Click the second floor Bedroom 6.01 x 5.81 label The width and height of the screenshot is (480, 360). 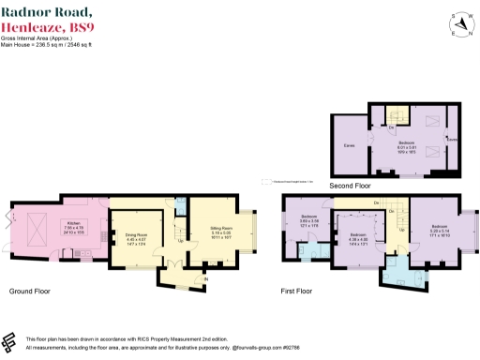[x=405, y=142]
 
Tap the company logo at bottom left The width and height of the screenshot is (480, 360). [x=10, y=341]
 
